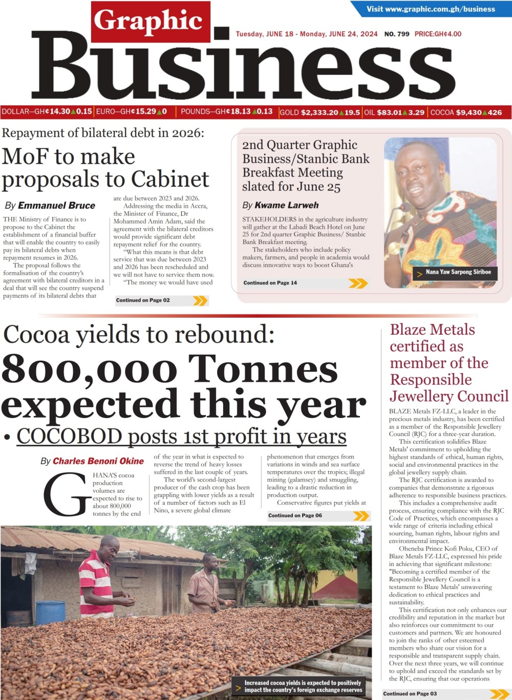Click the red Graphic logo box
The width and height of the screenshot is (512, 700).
[x=151, y=21]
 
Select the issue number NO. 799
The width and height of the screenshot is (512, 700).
[x=397, y=34]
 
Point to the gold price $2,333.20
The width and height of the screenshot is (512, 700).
[x=319, y=113]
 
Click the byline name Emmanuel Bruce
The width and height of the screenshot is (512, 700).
[x=56, y=206]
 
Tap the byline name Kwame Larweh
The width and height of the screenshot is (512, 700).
[x=286, y=205]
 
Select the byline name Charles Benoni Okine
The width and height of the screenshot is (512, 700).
[x=98, y=461]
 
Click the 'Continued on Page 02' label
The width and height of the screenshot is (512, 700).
[x=143, y=300]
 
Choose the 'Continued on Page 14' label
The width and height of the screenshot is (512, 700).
[x=270, y=282]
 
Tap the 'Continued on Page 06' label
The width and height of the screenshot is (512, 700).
[x=295, y=515]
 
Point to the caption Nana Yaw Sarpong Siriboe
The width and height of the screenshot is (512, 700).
[x=458, y=272]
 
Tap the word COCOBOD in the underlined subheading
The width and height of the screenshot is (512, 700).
[x=69, y=436]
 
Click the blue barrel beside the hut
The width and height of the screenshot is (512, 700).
[x=50, y=612]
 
